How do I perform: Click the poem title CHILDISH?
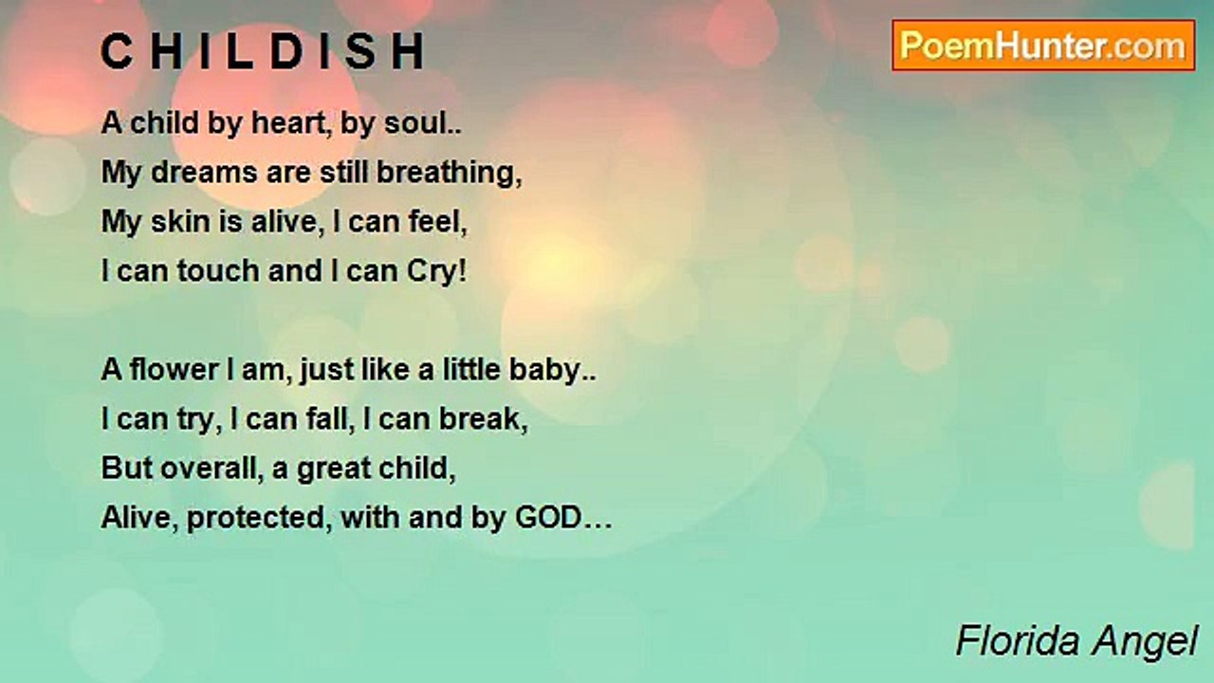263,51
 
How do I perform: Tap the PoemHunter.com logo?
1043,46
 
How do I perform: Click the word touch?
218,271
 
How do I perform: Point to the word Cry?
432,272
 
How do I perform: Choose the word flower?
174,370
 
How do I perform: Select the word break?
479,419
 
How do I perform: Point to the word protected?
255,519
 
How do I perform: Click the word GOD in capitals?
548,518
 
